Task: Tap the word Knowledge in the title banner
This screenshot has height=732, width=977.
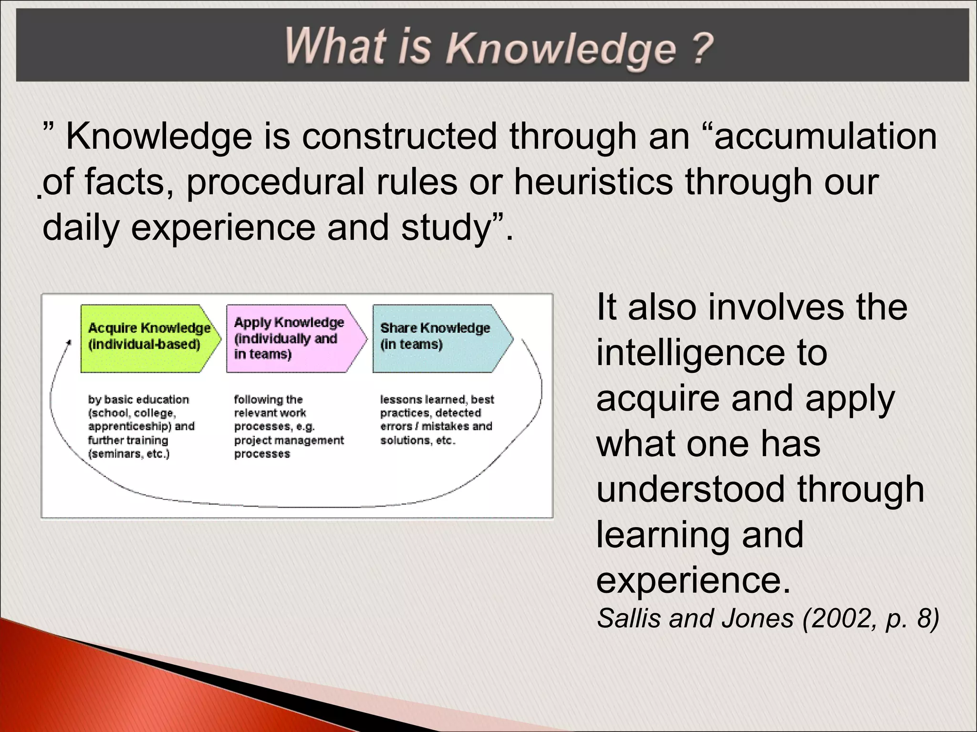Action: pyautogui.click(x=561, y=49)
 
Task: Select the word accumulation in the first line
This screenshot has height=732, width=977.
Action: pyautogui.click(x=825, y=137)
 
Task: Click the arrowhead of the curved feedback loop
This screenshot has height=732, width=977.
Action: pyautogui.click(x=69, y=342)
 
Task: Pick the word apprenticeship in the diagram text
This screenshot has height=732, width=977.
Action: pyautogui.click(x=129, y=427)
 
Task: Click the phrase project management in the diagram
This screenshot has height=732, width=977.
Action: pyautogui.click(x=289, y=440)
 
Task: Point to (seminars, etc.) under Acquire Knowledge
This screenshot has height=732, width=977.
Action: pyautogui.click(x=129, y=454)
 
